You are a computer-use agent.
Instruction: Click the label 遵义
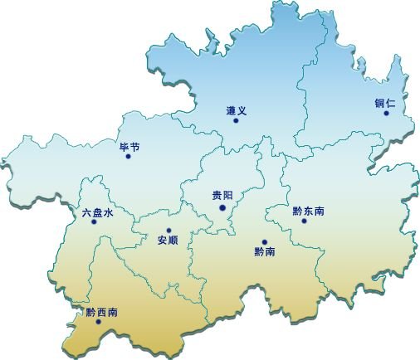(x=237, y=110)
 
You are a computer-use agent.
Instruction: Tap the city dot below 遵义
(x=236, y=121)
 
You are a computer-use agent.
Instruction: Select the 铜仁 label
(x=384, y=103)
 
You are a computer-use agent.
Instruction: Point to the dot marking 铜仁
(x=386, y=114)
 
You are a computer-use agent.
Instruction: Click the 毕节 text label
(x=130, y=147)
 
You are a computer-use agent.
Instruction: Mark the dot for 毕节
(x=128, y=156)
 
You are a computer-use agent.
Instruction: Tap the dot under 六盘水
(x=98, y=222)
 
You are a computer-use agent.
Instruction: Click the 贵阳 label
(x=222, y=197)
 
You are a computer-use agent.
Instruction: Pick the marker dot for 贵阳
(x=222, y=207)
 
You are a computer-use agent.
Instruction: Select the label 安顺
(x=167, y=241)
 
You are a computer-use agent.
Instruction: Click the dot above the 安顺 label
(x=168, y=231)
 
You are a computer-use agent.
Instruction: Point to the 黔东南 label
(x=308, y=211)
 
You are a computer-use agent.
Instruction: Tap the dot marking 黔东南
(x=304, y=221)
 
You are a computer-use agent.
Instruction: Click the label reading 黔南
(x=263, y=251)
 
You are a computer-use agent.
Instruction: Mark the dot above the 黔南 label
(x=265, y=241)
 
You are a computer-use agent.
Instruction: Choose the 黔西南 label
(x=101, y=312)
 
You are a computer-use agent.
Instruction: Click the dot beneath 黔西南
(x=99, y=322)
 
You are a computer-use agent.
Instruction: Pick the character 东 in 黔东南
(x=308, y=211)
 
